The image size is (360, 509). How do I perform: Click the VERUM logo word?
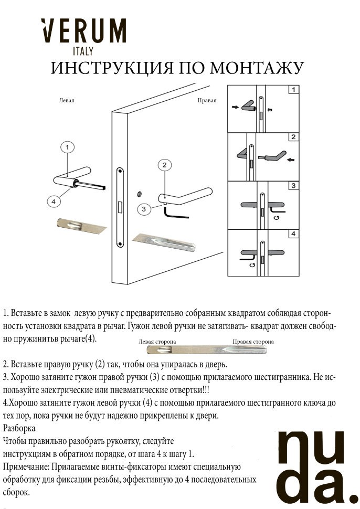tap(84, 33)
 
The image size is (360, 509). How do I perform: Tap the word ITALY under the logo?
tap(83, 51)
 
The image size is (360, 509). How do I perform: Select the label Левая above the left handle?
tap(67, 100)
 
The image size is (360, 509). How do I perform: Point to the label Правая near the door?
tap(207, 100)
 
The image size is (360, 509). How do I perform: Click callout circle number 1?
tap(68, 147)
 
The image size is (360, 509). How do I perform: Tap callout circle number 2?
tap(165, 165)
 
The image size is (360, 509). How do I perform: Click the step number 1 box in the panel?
tap(293, 90)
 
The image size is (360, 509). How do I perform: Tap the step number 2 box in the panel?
tap(293, 137)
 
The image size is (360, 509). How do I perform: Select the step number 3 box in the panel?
tap(293, 185)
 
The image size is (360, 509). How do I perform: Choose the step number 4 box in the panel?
tap(293, 234)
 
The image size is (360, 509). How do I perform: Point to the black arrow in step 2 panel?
tap(291, 159)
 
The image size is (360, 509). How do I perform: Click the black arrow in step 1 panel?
tap(234, 108)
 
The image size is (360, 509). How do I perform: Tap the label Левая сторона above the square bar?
tap(157, 342)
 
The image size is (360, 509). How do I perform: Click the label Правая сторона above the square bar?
tap(253, 342)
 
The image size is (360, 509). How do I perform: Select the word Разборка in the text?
tap(19, 428)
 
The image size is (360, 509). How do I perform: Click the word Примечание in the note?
tap(26, 466)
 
